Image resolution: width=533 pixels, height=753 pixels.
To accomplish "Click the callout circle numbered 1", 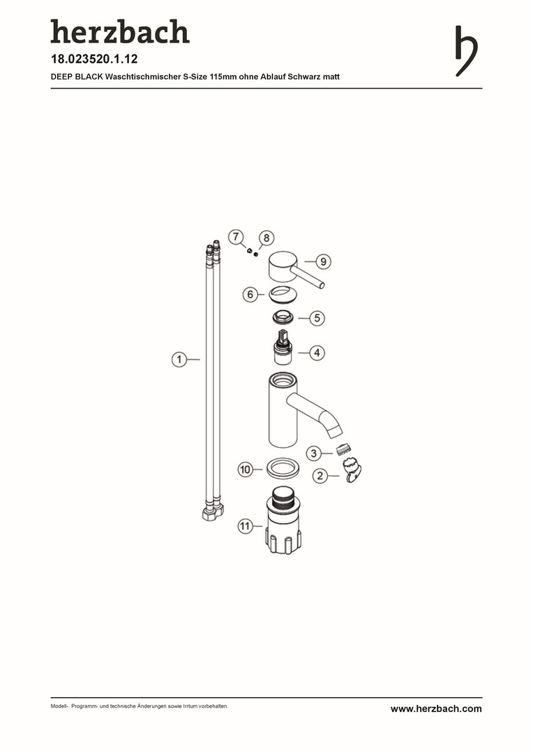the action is coord(179,359).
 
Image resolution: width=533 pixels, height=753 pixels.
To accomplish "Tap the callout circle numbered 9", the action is coord(324,261).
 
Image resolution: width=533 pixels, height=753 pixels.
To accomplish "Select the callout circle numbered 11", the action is coord(246,526).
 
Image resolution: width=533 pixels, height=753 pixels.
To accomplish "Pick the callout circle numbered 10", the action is coord(246,469).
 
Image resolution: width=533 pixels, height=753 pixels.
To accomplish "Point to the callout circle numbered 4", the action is coord(317,353).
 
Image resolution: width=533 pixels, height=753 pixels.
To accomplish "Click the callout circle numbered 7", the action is coord(236,237).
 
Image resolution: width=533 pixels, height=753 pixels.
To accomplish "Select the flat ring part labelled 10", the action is coord(283,467).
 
